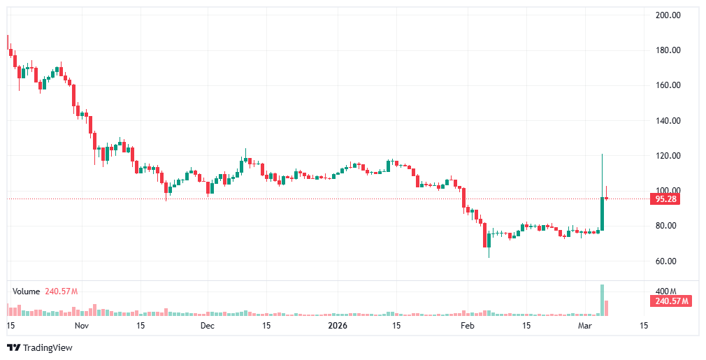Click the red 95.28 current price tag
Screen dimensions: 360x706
[666, 199]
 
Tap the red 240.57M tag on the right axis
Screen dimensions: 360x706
[670, 301]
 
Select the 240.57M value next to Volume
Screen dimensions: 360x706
[61, 291]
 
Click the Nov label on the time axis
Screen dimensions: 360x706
[82, 326]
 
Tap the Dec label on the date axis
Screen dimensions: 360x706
[208, 326]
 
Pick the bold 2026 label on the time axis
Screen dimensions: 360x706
[338, 326]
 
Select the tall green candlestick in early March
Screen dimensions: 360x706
[602, 213]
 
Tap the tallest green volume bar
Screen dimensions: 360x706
[602, 299]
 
